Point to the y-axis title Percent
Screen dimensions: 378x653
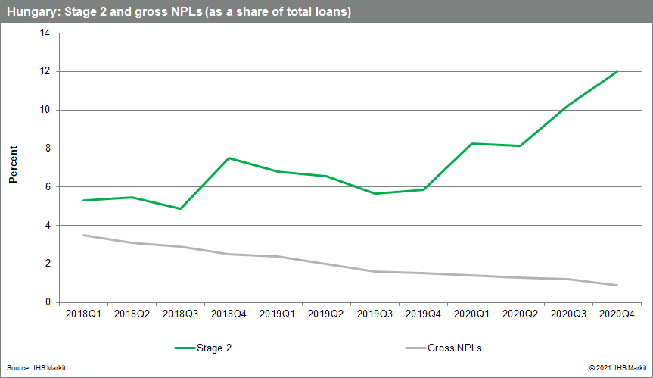(13, 167)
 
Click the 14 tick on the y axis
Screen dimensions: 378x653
(45, 33)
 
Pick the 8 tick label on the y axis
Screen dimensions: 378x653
(47, 148)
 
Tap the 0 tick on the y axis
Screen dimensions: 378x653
(47, 302)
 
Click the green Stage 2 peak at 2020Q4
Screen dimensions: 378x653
(617, 72)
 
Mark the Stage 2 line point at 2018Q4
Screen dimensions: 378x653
(229, 158)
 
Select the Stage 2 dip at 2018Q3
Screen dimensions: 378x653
(180, 208)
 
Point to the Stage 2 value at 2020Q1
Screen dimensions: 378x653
(471, 143)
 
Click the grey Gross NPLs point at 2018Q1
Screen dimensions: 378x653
(83, 235)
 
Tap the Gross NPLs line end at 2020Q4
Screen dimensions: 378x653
(617, 285)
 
